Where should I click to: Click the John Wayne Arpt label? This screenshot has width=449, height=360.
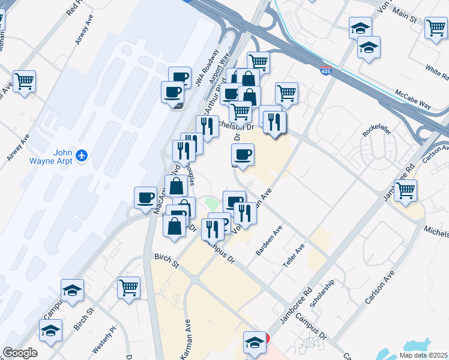(55, 156)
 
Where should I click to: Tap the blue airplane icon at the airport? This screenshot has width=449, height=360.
(82, 156)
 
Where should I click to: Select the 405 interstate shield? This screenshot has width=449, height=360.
(325, 71)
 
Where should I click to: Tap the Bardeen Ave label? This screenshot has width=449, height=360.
(268, 241)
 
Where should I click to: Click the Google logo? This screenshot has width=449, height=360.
(20, 353)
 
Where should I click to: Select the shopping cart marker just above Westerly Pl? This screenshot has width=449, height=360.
(128, 287)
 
